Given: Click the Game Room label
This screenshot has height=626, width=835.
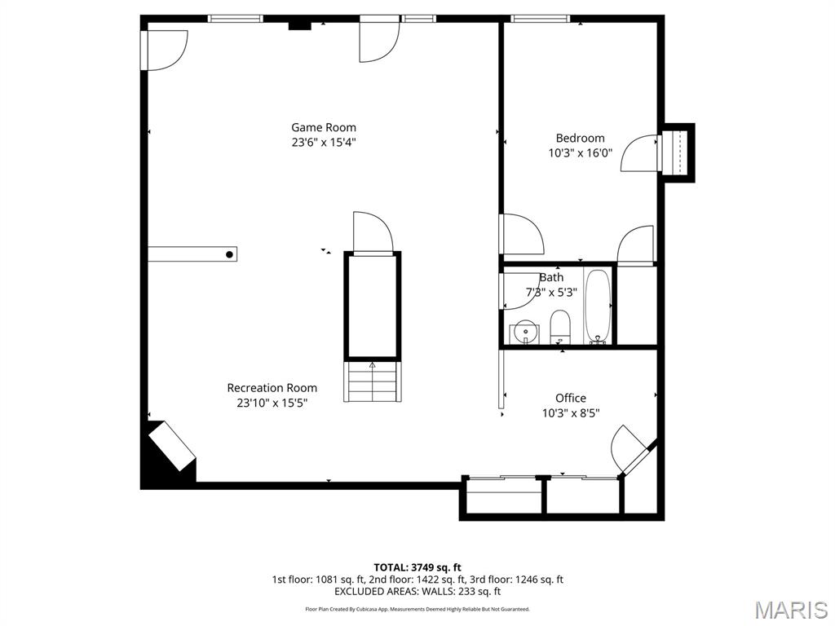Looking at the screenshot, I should pyautogui.click(x=324, y=127).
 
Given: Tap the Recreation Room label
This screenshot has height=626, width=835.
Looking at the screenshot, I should pyautogui.click(x=272, y=388).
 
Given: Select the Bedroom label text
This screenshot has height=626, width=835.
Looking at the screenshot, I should pyautogui.click(x=580, y=138).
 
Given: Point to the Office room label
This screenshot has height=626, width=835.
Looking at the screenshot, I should pyautogui.click(x=570, y=398).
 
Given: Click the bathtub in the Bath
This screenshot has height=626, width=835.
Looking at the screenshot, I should pyautogui.click(x=598, y=307).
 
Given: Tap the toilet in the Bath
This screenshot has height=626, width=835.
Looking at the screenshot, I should pyautogui.click(x=560, y=328).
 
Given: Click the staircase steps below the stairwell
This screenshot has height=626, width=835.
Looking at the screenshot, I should pyautogui.click(x=373, y=381).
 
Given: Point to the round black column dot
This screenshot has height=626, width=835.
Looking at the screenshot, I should pyautogui.click(x=230, y=255).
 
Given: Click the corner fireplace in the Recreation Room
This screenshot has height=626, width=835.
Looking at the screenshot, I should pyautogui.click(x=170, y=448).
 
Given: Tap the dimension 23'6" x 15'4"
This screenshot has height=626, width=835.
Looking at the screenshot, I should pyautogui.click(x=324, y=142).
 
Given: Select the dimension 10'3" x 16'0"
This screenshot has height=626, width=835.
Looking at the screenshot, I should pyautogui.click(x=580, y=152).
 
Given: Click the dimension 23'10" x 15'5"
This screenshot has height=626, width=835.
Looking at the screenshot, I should pyautogui.click(x=272, y=403).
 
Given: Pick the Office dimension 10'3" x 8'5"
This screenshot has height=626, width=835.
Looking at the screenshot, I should pyautogui.click(x=570, y=412).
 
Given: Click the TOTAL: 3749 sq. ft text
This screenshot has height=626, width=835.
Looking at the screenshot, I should pyautogui.click(x=417, y=567).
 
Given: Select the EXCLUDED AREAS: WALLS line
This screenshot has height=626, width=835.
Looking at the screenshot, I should pyautogui.click(x=417, y=592).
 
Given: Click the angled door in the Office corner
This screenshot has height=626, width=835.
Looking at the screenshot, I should pyautogui.click(x=630, y=447).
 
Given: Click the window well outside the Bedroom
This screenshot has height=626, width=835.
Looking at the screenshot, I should pyautogui.click(x=678, y=152).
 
